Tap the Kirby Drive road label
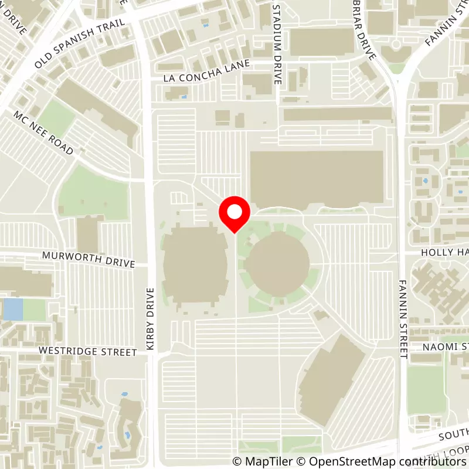(150, 320)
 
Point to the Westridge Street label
(87, 351)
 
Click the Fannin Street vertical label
(403, 317)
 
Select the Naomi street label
(446, 347)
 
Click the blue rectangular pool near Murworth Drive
(12, 309)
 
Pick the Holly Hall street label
(444, 252)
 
